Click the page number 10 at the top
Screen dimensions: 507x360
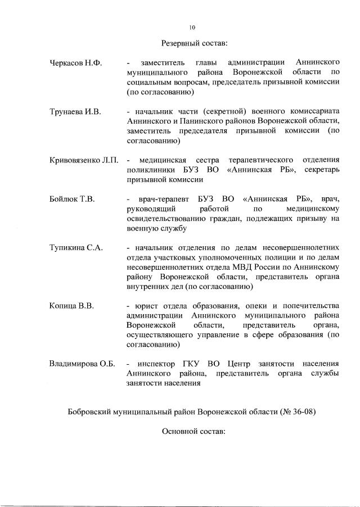192,26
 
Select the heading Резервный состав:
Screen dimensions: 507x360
193,43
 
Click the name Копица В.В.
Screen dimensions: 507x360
71,306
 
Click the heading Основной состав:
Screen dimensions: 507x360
193,432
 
